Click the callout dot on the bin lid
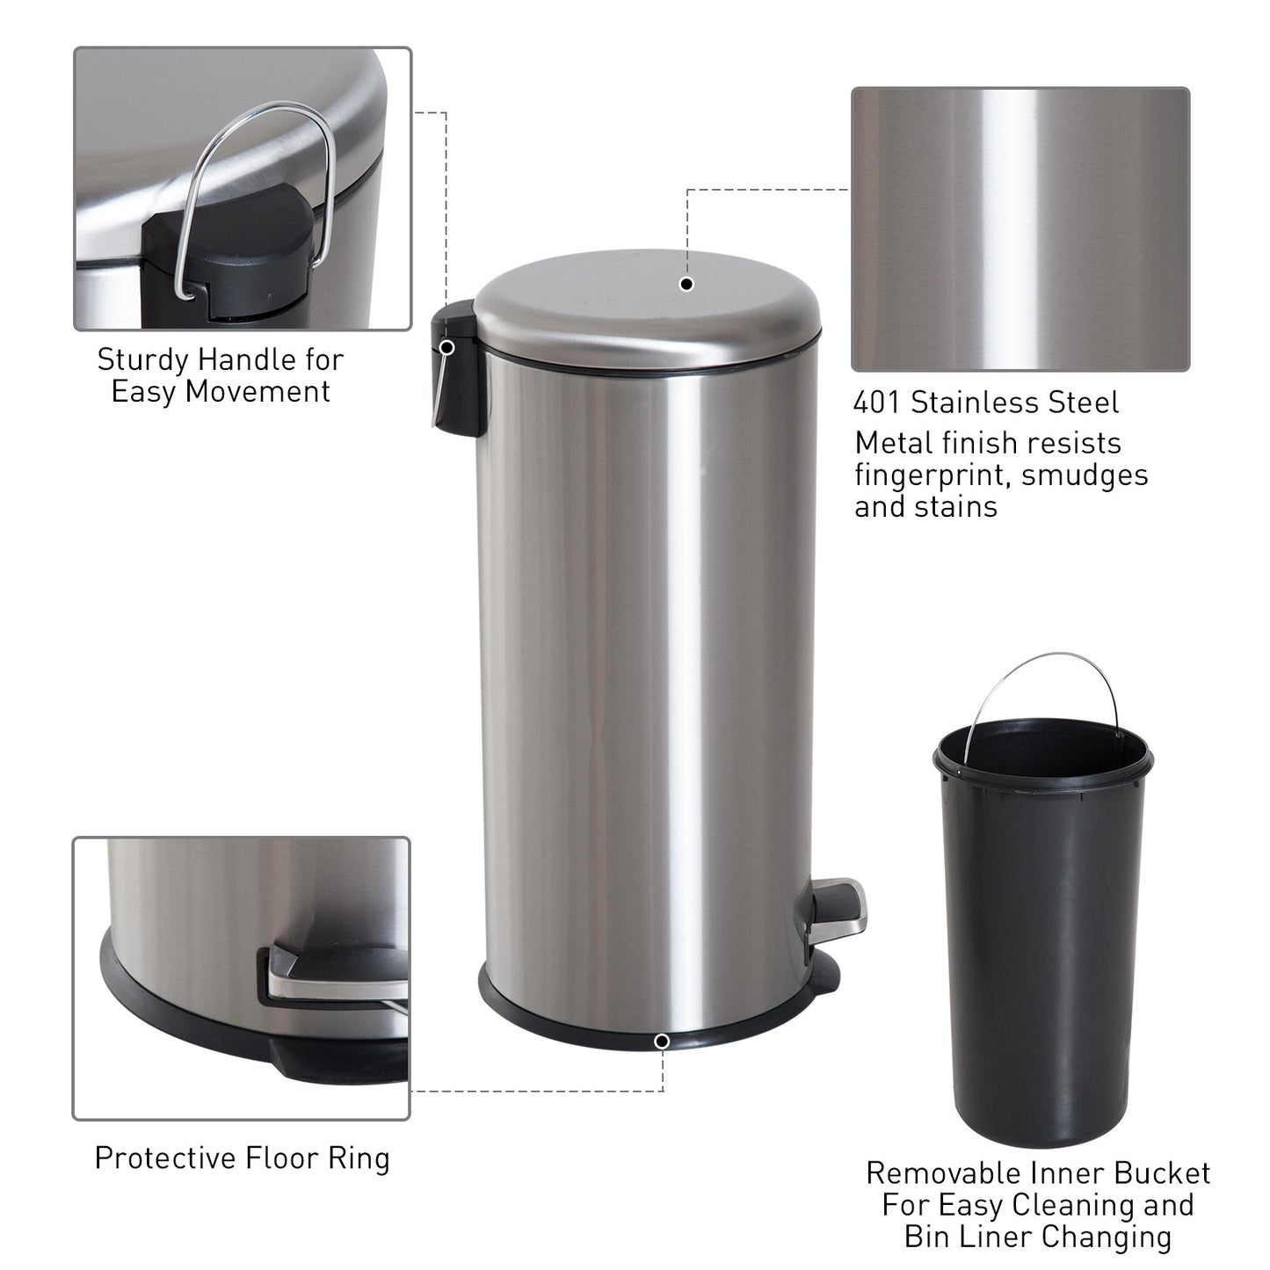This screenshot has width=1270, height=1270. click(x=687, y=284)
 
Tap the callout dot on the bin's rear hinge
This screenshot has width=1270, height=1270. click(x=446, y=347)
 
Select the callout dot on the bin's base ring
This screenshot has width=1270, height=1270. click(x=662, y=1041)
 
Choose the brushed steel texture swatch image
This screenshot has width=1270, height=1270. click(x=1020, y=229)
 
